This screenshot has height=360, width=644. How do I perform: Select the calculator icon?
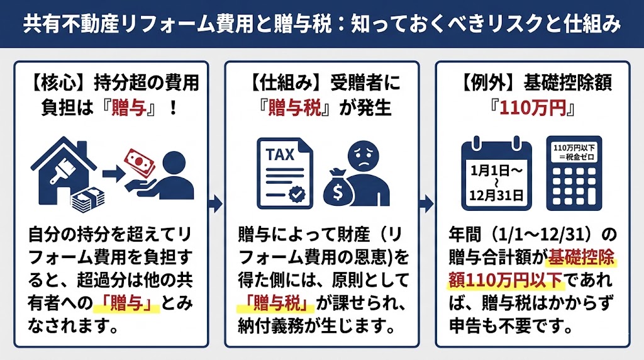574,174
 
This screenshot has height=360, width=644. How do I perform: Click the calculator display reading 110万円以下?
574,152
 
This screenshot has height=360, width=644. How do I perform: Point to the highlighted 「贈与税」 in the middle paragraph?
276,305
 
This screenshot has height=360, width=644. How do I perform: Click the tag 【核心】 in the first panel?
58,82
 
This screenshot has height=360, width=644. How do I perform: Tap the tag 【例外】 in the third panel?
487,82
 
